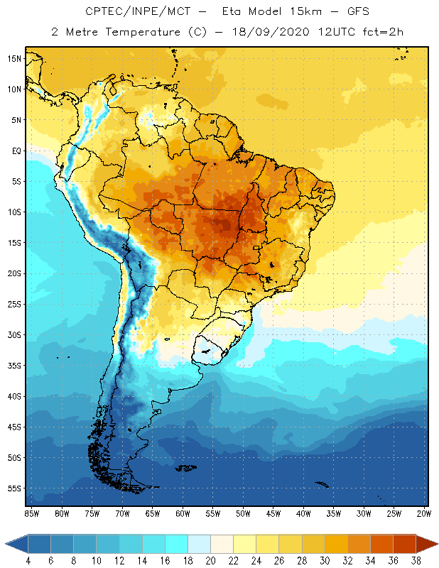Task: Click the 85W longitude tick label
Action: (x=31, y=513)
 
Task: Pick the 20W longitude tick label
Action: (x=423, y=513)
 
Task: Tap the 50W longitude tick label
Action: (x=243, y=513)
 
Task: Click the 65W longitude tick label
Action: (x=153, y=513)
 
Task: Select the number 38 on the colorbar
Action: (x=416, y=560)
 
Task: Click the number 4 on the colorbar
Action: (x=28, y=560)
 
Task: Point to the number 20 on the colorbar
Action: (x=210, y=560)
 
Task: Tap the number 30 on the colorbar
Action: (x=325, y=560)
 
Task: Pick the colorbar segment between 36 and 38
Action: (x=405, y=544)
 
